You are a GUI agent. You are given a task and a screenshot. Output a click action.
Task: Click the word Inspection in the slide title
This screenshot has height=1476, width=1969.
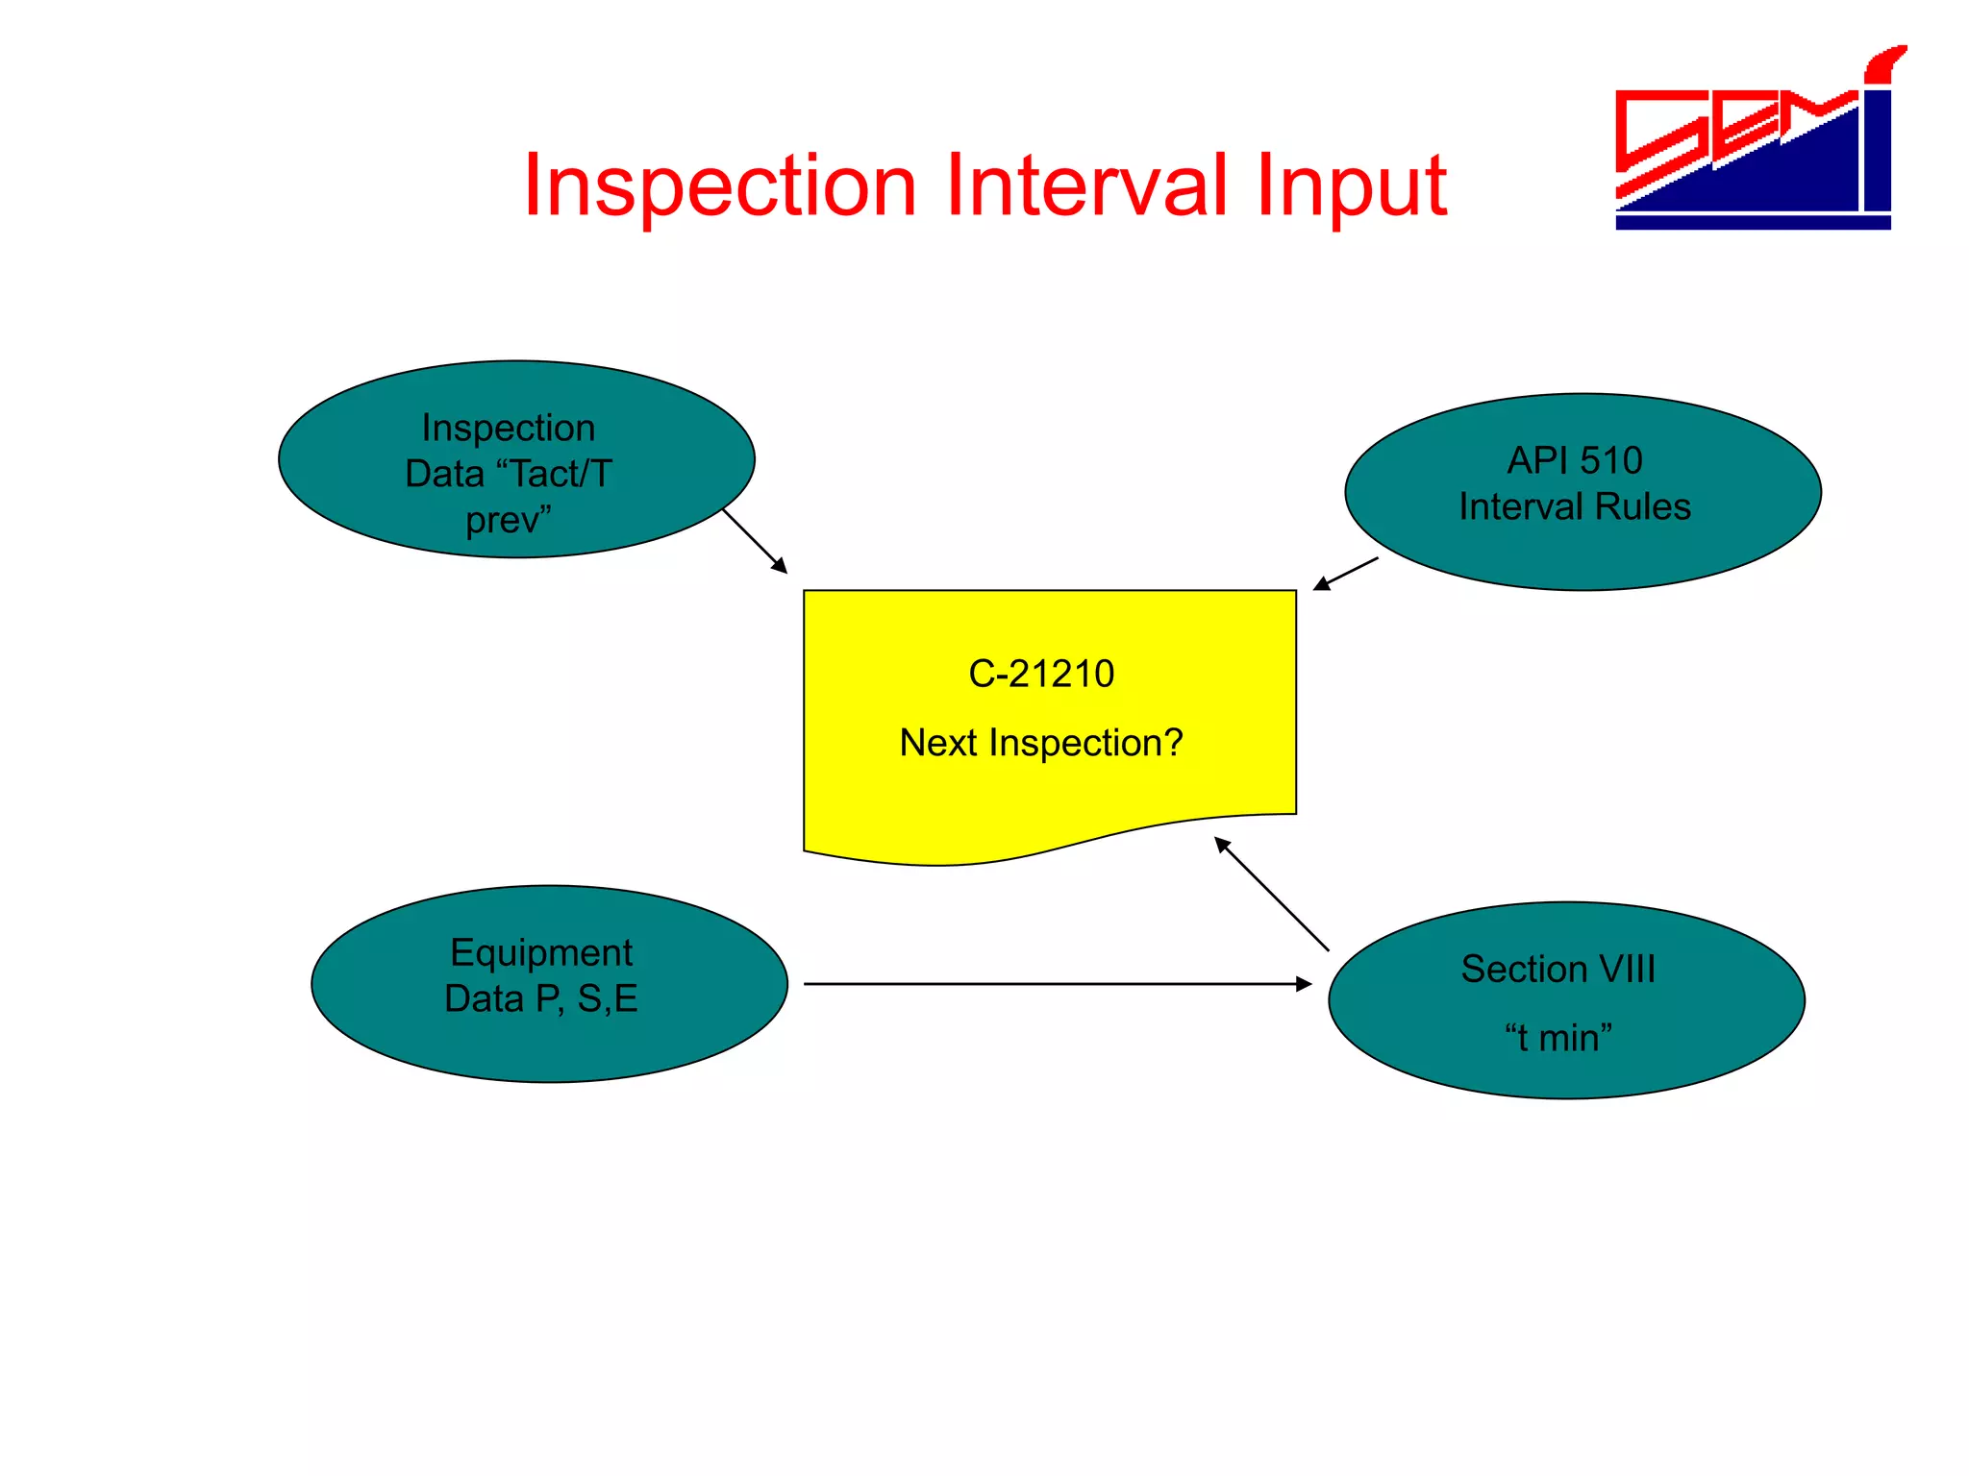(x=719, y=186)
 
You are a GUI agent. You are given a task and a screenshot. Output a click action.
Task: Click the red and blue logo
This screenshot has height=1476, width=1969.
(x=1756, y=144)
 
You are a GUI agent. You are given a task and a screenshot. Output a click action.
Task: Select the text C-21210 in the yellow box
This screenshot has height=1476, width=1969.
(x=1041, y=674)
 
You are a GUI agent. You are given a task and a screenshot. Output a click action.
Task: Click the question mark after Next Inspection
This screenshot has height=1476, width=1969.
(x=1173, y=743)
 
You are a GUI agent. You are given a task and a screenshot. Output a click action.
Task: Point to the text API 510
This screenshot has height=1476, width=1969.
(x=1574, y=460)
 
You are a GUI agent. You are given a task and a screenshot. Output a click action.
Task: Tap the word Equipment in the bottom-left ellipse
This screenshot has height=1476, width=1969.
(x=540, y=952)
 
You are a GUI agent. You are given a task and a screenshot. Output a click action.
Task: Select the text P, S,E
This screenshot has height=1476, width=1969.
(x=586, y=998)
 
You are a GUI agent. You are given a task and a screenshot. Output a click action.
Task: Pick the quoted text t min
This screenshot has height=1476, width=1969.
(x=1558, y=1038)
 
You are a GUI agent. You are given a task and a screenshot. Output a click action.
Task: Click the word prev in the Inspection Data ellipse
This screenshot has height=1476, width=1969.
(x=504, y=521)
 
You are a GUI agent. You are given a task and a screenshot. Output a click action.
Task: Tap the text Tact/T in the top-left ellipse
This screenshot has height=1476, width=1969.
(x=561, y=474)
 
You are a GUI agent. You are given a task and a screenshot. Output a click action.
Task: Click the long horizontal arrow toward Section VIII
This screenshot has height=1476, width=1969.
(x=1058, y=984)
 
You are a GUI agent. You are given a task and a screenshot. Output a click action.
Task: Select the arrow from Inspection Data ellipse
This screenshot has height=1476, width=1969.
(x=755, y=541)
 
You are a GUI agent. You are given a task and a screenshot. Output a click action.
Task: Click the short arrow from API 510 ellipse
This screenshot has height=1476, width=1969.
(x=1346, y=574)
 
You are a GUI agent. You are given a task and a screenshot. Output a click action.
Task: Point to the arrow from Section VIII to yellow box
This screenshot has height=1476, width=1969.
(x=1271, y=894)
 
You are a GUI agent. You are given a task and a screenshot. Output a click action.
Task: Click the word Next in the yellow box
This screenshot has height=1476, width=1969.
(x=938, y=743)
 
